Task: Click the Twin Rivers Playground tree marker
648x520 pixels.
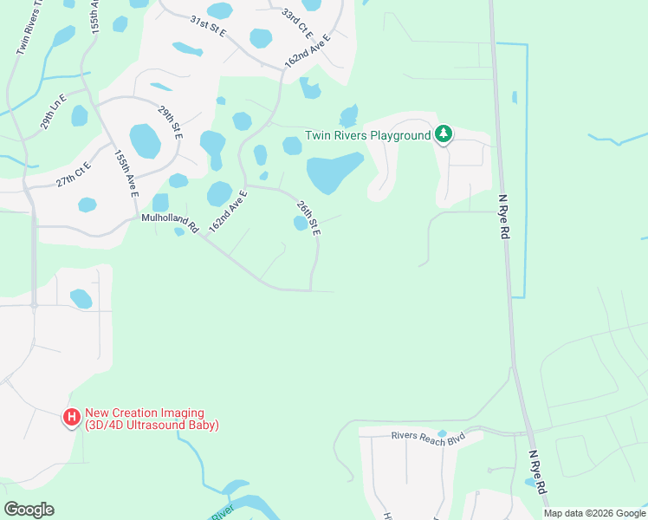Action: click(444, 134)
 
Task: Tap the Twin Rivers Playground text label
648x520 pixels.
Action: click(368, 136)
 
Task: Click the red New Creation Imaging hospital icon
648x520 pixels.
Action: click(72, 419)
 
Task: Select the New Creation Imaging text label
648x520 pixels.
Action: click(152, 419)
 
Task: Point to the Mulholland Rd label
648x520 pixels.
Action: click(171, 224)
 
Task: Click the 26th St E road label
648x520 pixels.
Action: click(308, 219)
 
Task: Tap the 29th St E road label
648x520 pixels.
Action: click(171, 122)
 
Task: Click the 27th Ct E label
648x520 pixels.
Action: click(74, 175)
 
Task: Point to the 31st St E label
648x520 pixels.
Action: click(208, 27)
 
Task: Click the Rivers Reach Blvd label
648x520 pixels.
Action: click(428, 439)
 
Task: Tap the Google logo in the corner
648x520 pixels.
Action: click(29, 510)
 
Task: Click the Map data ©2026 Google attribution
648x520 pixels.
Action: click(594, 513)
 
